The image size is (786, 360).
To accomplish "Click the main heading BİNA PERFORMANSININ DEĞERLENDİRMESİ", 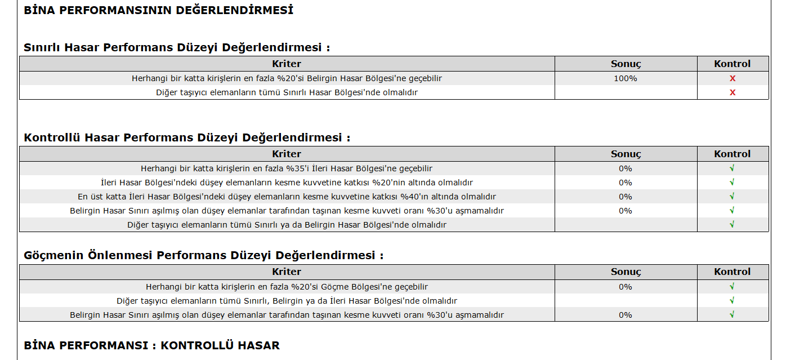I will point(158,10).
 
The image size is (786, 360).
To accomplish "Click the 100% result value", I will point(626,78).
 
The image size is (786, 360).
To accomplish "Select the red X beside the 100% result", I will point(733,78).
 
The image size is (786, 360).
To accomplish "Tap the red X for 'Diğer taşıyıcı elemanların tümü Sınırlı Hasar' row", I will point(733,92).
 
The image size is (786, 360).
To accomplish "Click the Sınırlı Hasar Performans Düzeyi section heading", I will point(177,47).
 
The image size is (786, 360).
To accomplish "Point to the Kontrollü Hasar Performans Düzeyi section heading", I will point(187,137).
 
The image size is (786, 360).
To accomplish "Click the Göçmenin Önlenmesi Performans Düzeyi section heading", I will point(203,255).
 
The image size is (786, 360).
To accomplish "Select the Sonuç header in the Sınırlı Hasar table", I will point(626,64).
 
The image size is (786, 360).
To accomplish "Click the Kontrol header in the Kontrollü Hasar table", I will point(732,154).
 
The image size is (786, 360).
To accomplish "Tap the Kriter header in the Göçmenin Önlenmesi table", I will point(287,272).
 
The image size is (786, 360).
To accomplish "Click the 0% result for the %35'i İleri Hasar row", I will point(626,168).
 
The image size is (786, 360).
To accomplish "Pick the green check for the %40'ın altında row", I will point(732,197).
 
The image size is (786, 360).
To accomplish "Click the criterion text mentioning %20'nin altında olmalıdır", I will point(287,183).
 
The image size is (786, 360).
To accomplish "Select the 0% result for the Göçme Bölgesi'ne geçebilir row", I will point(626,287).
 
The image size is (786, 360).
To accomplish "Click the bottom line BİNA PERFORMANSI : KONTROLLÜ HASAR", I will point(151,345).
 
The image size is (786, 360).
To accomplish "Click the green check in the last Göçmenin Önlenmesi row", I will point(732,315).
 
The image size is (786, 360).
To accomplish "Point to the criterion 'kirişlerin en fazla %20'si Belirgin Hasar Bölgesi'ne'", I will point(287,78).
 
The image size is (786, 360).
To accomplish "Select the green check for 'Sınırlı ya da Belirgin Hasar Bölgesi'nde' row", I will point(732,225).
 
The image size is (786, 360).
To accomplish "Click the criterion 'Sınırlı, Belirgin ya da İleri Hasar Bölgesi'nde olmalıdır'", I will point(287,301).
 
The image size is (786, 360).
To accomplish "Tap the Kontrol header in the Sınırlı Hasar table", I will point(732,64).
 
